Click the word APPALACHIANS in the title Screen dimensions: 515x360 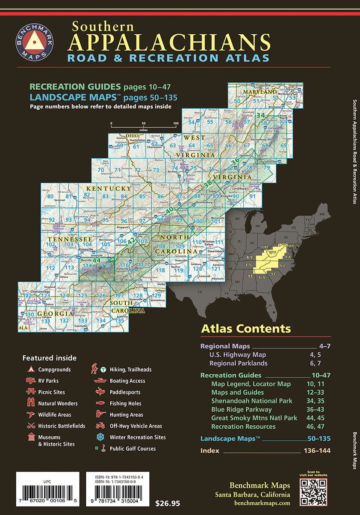tap(170, 42)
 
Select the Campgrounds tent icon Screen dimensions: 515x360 tap(30, 370)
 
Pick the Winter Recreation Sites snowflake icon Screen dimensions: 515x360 tap(100, 437)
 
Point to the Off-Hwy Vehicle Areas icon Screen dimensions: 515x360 tap(100, 426)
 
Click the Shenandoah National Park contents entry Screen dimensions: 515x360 tap(251, 401)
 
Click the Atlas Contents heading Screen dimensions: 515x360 tap(245, 329)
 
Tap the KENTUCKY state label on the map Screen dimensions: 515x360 tap(109, 189)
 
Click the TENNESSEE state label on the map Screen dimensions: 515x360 tap(70, 239)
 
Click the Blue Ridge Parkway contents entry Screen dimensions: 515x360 tap(241, 409)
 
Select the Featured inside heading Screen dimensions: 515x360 tap(49, 358)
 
